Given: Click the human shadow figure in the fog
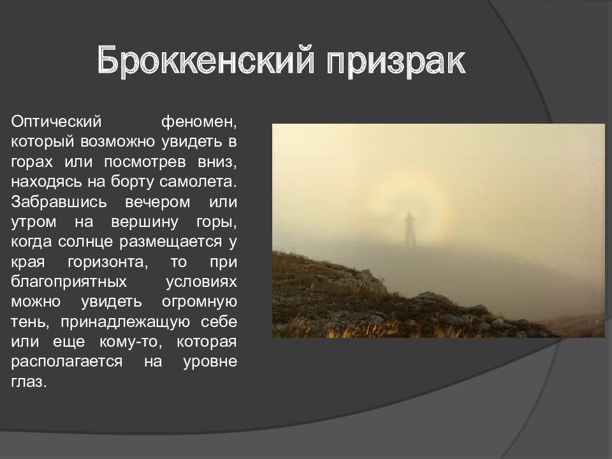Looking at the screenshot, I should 409,229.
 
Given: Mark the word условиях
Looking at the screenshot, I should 201,284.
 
